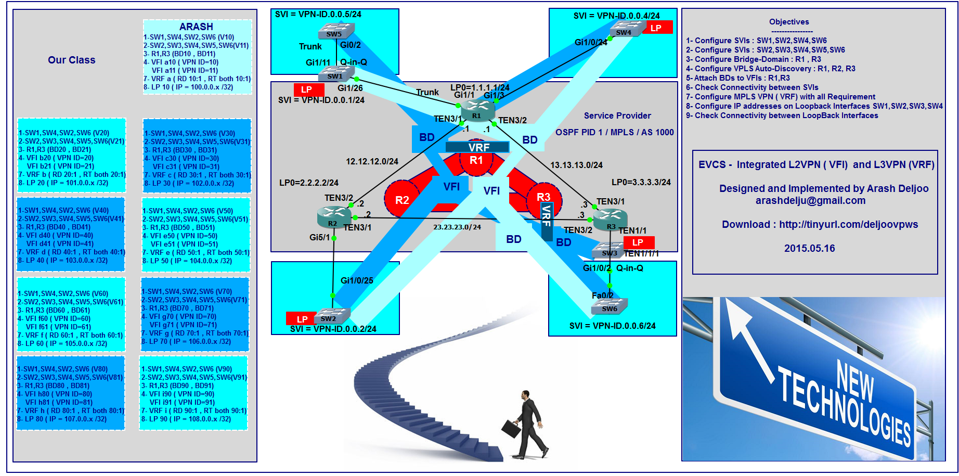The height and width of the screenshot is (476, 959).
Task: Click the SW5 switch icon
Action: pyautogui.click(x=335, y=31)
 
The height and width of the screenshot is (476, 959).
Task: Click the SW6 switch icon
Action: pyautogui.click(x=610, y=306)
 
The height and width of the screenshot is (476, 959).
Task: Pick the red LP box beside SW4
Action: pyautogui.click(x=657, y=28)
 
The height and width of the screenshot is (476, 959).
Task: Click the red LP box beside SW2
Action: pyautogui.click(x=302, y=319)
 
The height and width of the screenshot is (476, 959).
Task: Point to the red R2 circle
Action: pyautogui.click(x=401, y=200)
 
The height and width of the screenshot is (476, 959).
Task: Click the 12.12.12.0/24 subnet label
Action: pyautogui.click(x=372, y=162)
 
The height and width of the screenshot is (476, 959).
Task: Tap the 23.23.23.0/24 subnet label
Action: pyautogui.click(x=457, y=227)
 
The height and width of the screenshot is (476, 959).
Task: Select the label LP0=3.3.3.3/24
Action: pyautogui.click(x=641, y=182)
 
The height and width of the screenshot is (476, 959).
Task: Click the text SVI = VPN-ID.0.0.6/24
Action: pyautogui.click(x=612, y=326)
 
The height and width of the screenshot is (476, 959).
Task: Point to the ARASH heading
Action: pyautogui.click(x=196, y=27)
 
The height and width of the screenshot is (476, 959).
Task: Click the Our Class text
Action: pyautogui.click(x=72, y=60)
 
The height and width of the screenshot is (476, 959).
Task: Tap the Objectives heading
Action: pyautogui.click(x=789, y=22)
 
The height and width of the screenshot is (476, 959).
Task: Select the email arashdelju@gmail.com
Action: pyautogui.click(x=810, y=201)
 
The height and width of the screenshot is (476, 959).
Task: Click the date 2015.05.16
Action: pyautogui.click(x=809, y=249)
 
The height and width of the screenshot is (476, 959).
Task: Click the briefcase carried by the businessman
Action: pyautogui.click(x=511, y=429)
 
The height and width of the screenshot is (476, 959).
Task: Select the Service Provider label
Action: pyautogui.click(x=617, y=115)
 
